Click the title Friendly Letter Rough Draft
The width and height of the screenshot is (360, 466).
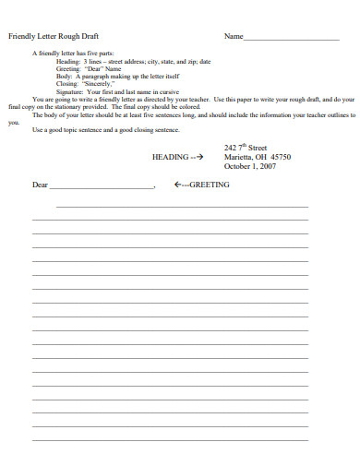tap(53, 36)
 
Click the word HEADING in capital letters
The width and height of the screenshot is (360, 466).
tap(170, 157)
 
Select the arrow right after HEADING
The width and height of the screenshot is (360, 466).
tap(197, 157)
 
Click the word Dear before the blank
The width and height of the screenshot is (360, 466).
tap(40, 185)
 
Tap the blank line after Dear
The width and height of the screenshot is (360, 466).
tap(102, 187)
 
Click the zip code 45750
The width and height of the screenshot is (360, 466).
tap(278, 157)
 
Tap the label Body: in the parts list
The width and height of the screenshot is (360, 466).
tap(64, 76)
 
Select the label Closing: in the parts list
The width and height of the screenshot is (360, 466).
tap(67, 83)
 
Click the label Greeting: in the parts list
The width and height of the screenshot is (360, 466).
tap(68, 68)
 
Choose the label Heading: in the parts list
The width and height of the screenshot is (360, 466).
tap(68, 61)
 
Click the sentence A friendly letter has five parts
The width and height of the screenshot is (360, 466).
tap(71, 54)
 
